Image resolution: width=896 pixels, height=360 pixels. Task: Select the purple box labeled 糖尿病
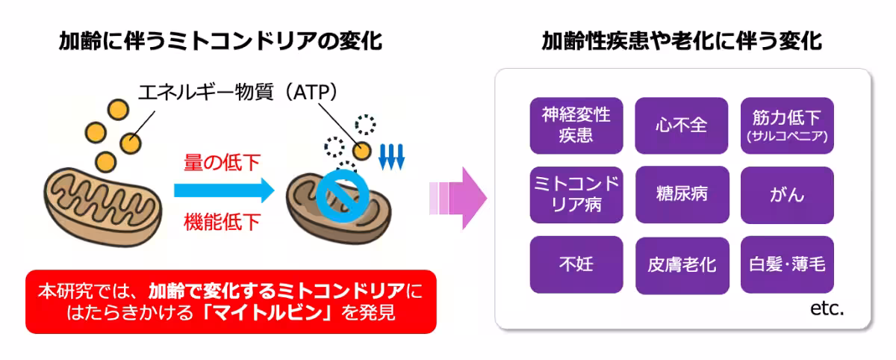[681, 195]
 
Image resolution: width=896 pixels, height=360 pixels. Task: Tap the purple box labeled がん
[787, 195]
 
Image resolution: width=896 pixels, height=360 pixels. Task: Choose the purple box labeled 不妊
[576, 264]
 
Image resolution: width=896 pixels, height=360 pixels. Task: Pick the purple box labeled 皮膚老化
[681, 264]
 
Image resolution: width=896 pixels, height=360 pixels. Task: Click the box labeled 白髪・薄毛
[787, 264]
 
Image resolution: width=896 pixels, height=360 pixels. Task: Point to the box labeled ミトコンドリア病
[576, 195]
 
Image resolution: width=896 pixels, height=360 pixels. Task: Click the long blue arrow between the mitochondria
[224, 191]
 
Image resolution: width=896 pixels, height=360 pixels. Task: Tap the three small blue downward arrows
[391, 156]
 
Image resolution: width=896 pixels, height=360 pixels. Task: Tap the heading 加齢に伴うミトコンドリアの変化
[220, 41]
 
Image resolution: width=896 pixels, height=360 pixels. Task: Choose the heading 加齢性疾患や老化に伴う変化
[682, 41]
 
